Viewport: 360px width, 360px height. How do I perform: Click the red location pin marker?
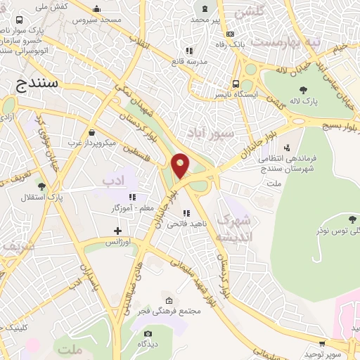[181, 166]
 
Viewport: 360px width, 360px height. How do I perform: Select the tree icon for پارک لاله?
[303, 90]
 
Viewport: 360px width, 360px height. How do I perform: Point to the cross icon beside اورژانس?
[117, 231]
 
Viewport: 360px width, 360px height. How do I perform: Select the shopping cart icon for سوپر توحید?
[322, 344]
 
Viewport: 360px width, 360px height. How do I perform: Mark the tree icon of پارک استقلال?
[41, 186]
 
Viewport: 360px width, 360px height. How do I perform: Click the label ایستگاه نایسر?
[256, 94]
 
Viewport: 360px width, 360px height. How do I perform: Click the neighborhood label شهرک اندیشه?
[233, 229]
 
